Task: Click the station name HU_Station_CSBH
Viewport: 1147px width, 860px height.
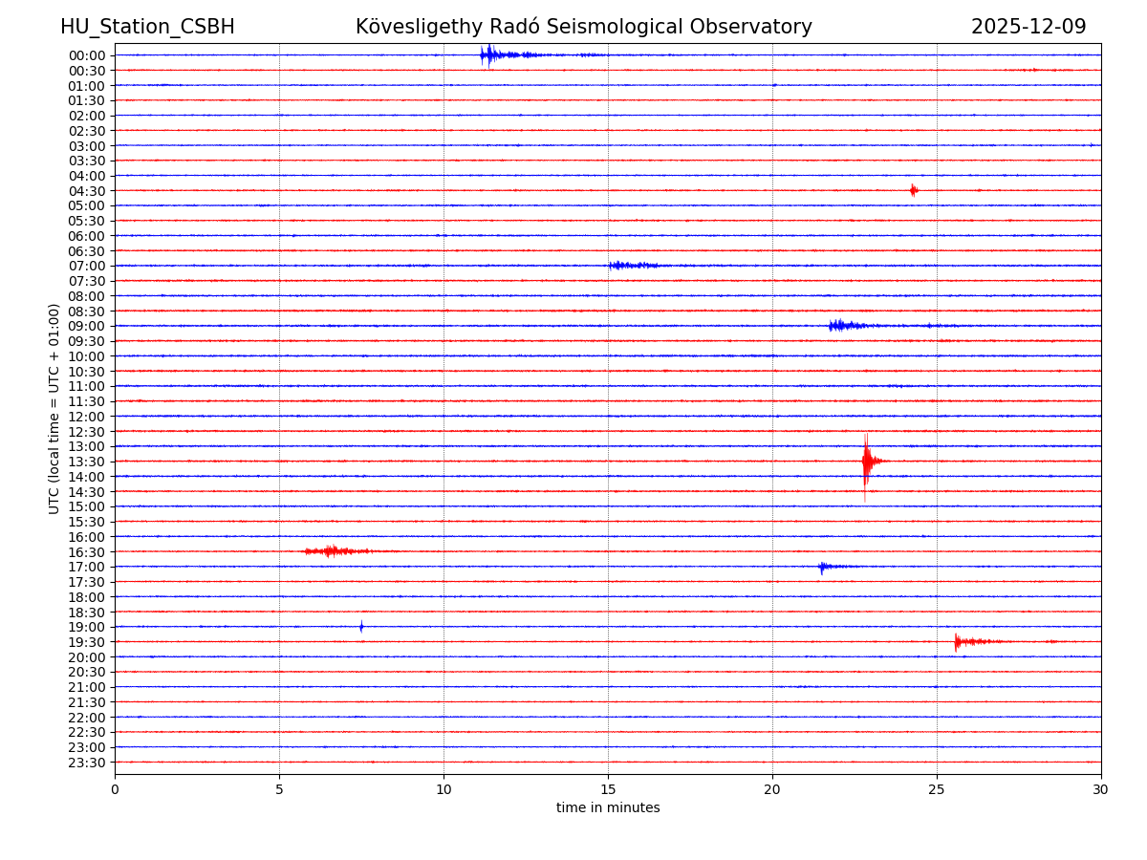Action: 147,27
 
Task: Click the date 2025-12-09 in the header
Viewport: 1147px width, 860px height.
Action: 1028,27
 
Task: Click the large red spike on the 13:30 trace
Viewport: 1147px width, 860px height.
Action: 866,462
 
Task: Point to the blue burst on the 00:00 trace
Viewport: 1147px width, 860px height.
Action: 490,54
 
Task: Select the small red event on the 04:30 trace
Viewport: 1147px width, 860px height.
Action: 914,190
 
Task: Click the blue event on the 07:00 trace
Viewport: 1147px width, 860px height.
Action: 631,266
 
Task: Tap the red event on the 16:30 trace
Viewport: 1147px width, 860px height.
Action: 333,551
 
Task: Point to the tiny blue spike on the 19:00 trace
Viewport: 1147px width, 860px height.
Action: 361,627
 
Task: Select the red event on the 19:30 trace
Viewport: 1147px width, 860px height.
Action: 965,641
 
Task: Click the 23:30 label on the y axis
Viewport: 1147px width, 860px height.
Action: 86,763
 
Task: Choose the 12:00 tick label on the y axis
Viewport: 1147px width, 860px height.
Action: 86,417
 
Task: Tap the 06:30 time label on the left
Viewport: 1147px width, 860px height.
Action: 86,251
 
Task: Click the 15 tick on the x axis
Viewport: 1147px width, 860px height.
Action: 608,790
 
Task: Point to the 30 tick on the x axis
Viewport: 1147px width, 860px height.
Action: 1101,790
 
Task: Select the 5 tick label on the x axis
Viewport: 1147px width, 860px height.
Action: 279,790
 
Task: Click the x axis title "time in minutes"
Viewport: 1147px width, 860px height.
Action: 608,808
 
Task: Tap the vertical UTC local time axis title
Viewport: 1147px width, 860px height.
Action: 54,408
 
